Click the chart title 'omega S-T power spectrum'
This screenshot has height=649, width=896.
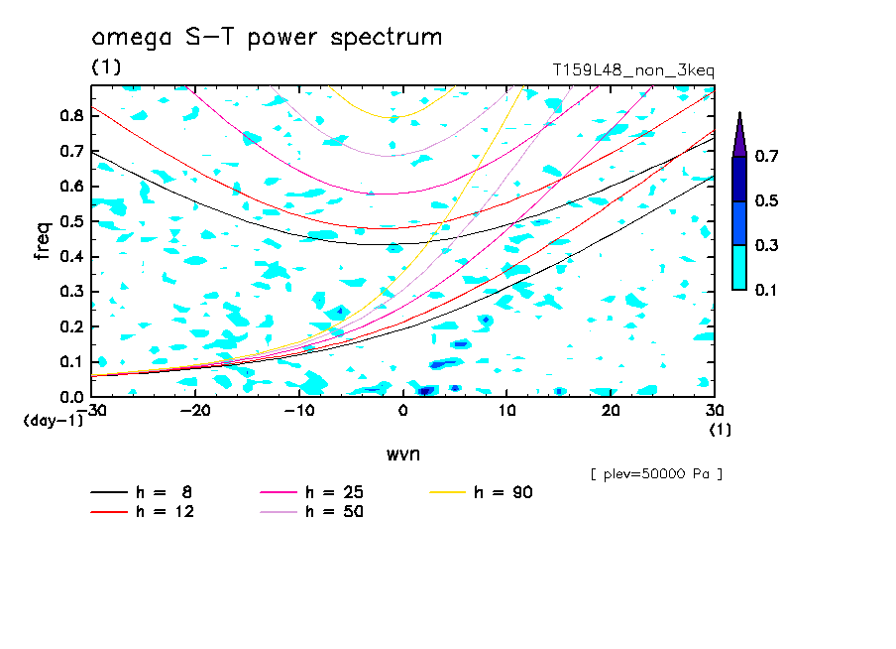click(x=267, y=39)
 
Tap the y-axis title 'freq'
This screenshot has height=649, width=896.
click(x=43, y=241)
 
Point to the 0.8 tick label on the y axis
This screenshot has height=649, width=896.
click(x=70, y=116)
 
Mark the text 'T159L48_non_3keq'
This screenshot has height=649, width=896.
click(x=633, y=69)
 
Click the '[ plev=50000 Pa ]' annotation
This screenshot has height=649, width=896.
click(x=656, y=474)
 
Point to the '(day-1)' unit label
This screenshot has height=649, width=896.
click(x=53, y=421)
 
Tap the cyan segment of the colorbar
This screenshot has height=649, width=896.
click(x=739, y=267)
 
